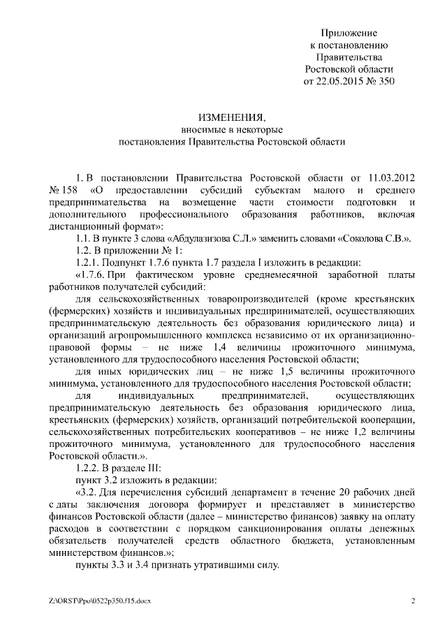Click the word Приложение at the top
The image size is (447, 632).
point(349,33)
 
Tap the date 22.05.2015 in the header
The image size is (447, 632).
point(343,80)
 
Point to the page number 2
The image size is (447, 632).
point(413,601)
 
